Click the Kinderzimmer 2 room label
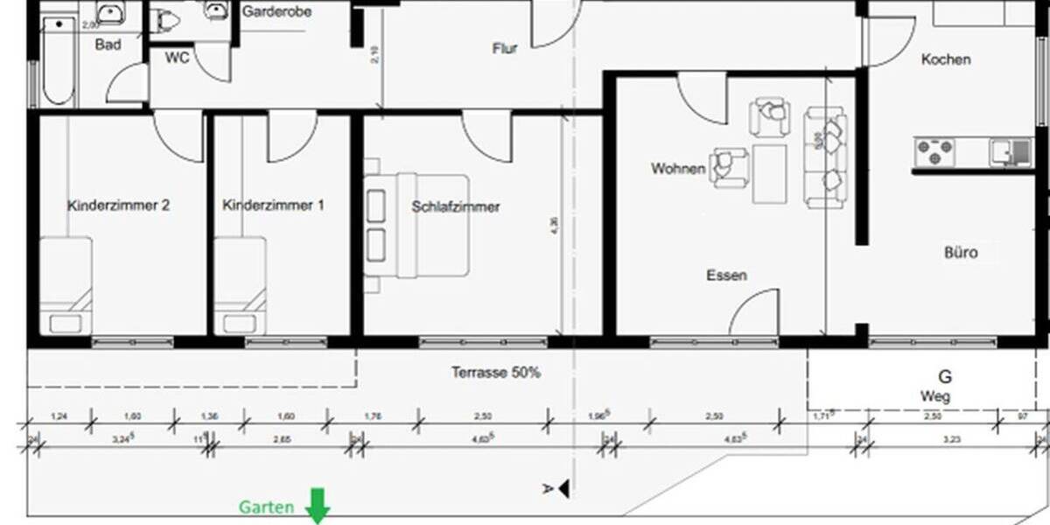pos(118,206)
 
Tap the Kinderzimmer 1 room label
pos(273,206)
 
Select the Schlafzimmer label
pos(456,207)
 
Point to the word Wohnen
pos(677,169)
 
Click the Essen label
pos(726,276)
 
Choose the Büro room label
pos(960,254)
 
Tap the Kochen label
pos(946,59)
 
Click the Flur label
pos(505,49)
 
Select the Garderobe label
pos(276,12)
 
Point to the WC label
pos(178,58)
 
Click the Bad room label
pos(108,44)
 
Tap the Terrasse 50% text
pos(495,373)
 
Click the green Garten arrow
pos(316,506)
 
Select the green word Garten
pos(268,507)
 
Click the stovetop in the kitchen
pos(934,152)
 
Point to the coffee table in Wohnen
pos(769,171)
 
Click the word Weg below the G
pos(935,396)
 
